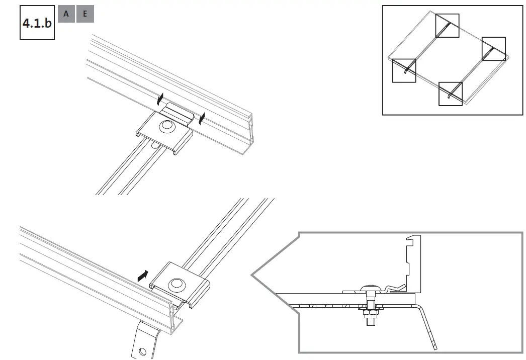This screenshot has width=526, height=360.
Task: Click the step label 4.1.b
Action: pyautogui.click(x=37, y=23)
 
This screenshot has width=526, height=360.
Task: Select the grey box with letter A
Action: pyautogui.click(x=66, y=14)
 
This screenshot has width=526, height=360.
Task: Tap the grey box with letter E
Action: pyautogui.click(x=85, y=14)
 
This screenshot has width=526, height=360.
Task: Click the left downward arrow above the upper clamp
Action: pyautogui.click(x=161, y=97)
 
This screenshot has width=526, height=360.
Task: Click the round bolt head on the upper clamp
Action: pyautogui.click(x=165, y=127)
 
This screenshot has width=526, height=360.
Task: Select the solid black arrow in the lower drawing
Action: pyautogui.click(x=143, y=275)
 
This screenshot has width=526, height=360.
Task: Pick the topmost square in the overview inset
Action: pyautogui.click(x=447, y=26)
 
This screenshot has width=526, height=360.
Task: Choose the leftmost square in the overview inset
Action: pyautogui.click(x=404, y=71)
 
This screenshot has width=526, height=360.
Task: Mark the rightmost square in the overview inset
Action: pyautogui.click(x=493, y=48)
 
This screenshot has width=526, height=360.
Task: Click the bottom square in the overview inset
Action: pyautogui.click(x=450, y=94)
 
